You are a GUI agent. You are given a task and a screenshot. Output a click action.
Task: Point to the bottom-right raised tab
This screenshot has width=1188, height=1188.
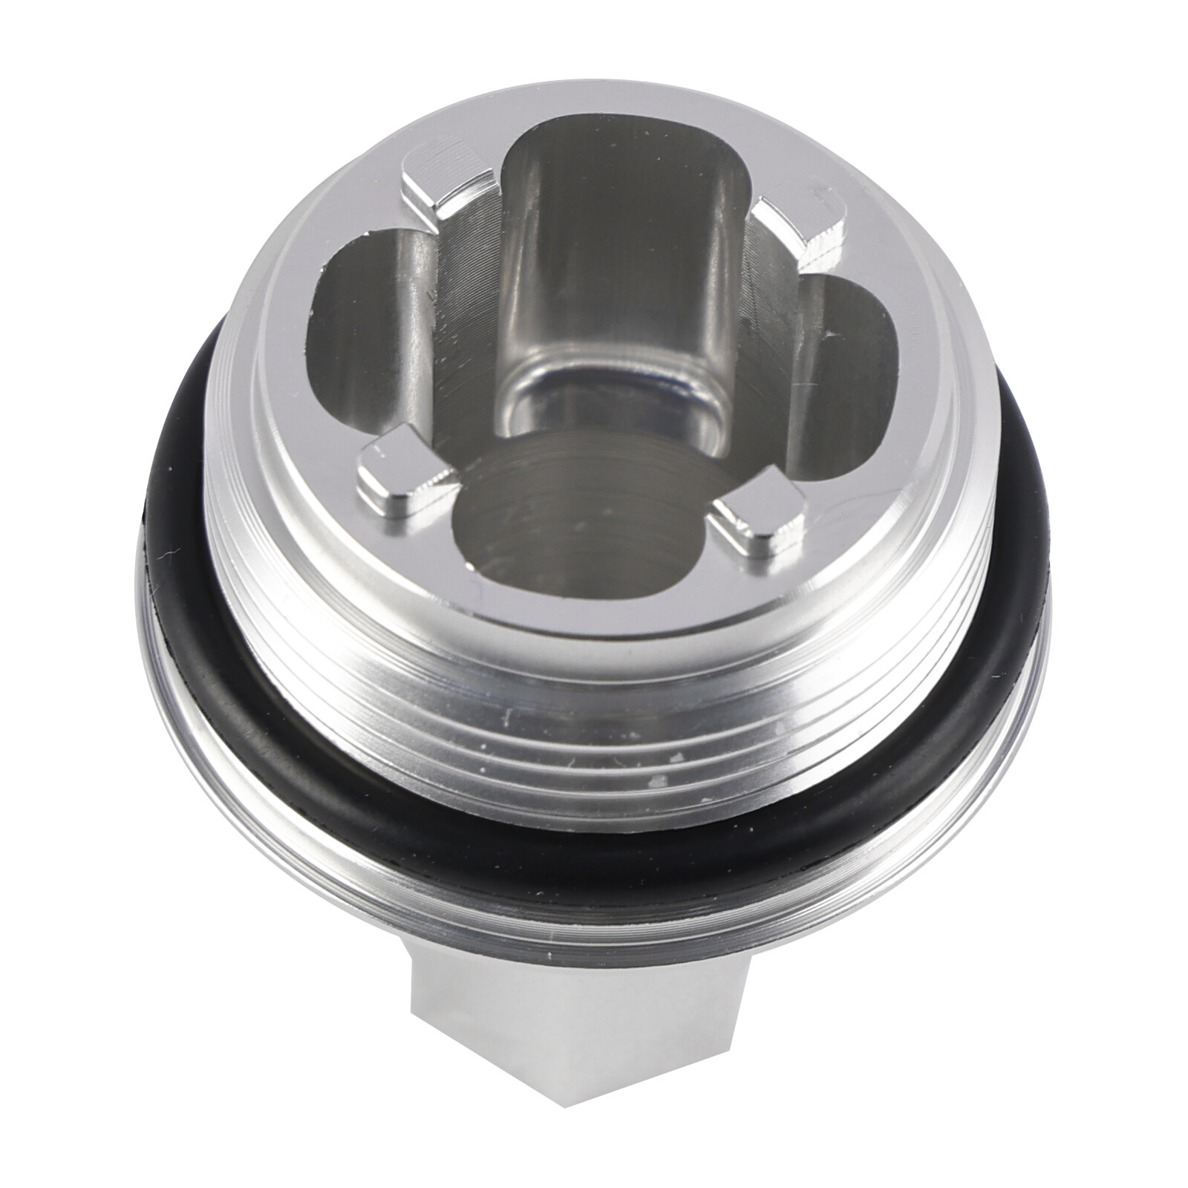pyautogui.click(x=757, y=520)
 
